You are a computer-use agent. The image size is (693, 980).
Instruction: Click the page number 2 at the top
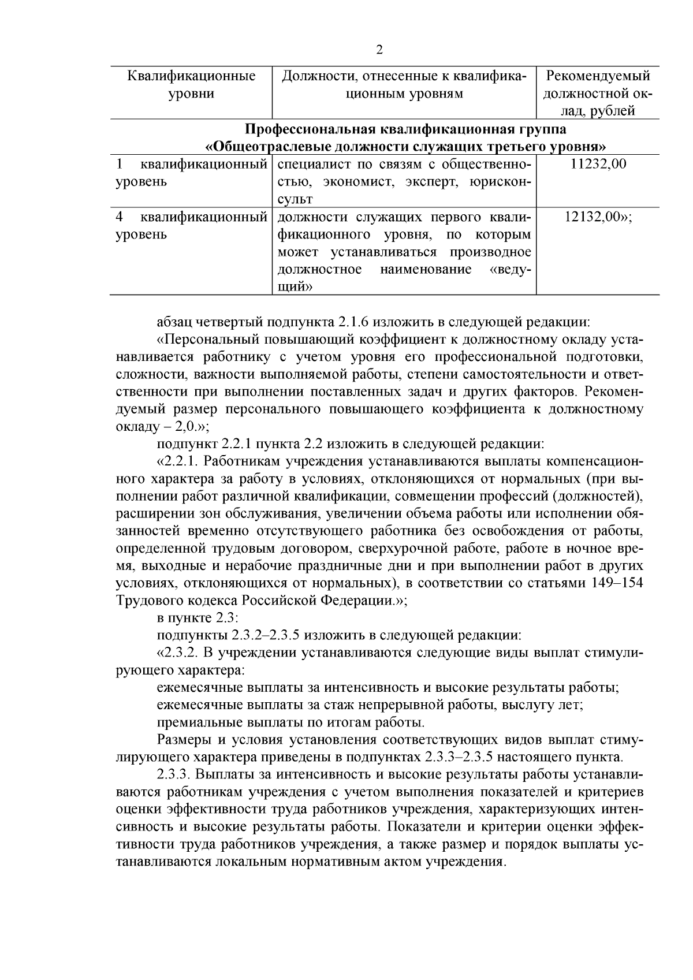[x=379, y=50]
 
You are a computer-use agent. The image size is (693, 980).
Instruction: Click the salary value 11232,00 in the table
[x=598, y=164]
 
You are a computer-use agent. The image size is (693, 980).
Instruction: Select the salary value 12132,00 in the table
[x=597, y=217]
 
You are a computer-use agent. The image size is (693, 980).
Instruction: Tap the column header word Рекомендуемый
[x=598, y=76]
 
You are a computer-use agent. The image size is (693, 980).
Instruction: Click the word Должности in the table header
[x=313, y=76]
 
